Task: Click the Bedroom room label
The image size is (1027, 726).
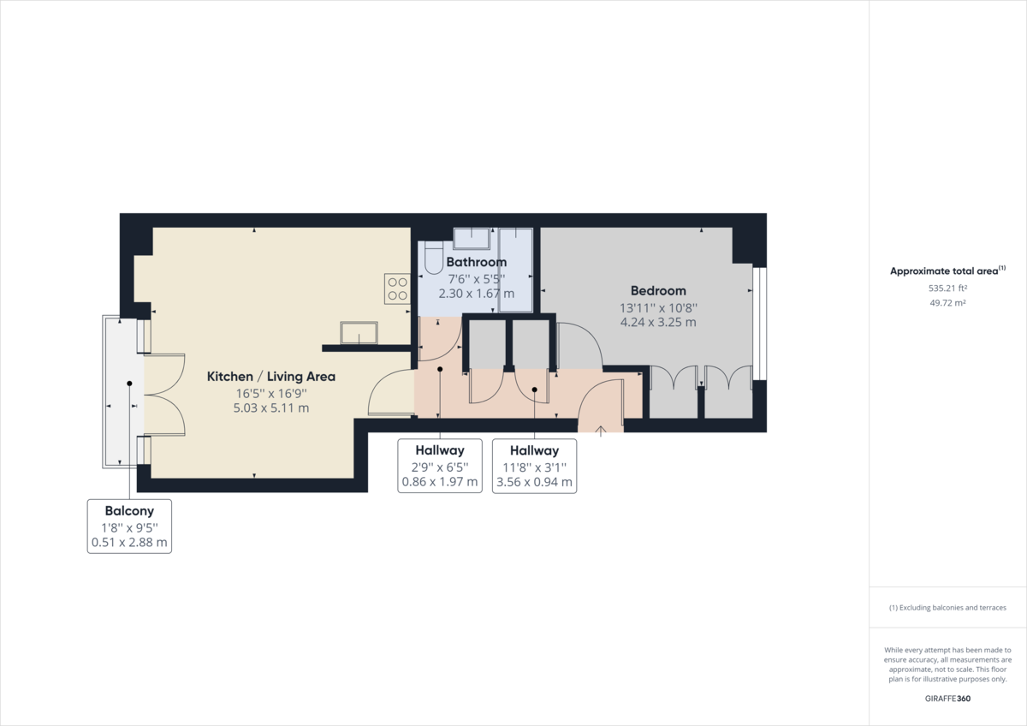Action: pos(658,291)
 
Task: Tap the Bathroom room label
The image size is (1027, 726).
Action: pos(476,262)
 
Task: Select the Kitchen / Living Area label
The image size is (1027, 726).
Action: pos(271,377)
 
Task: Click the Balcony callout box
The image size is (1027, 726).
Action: pos(129,527)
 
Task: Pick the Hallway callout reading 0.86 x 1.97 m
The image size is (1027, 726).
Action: pos(440,467)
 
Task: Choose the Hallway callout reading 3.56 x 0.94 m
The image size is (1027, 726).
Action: pos(534,467)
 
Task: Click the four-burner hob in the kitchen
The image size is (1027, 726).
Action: pos(396,288)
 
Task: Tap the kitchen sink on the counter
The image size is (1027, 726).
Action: pos(359,332)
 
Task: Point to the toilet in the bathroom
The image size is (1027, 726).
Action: pos(431,260)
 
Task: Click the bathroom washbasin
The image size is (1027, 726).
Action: pos(471,236)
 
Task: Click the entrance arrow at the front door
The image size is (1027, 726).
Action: pos(601,431)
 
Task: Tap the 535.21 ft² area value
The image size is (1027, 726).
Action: pos(947,288)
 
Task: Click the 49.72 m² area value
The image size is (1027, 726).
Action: pos(947,303)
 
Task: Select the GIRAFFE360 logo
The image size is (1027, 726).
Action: pos(947,698)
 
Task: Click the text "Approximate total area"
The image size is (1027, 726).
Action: pos(944,271)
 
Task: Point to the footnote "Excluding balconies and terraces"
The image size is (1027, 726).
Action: pos(947,608)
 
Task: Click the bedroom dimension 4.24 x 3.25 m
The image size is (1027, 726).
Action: pos(658,323)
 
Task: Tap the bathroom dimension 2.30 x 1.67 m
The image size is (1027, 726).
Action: pos(476,293)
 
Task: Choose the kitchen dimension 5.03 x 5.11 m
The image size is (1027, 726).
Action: pos(271,408)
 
